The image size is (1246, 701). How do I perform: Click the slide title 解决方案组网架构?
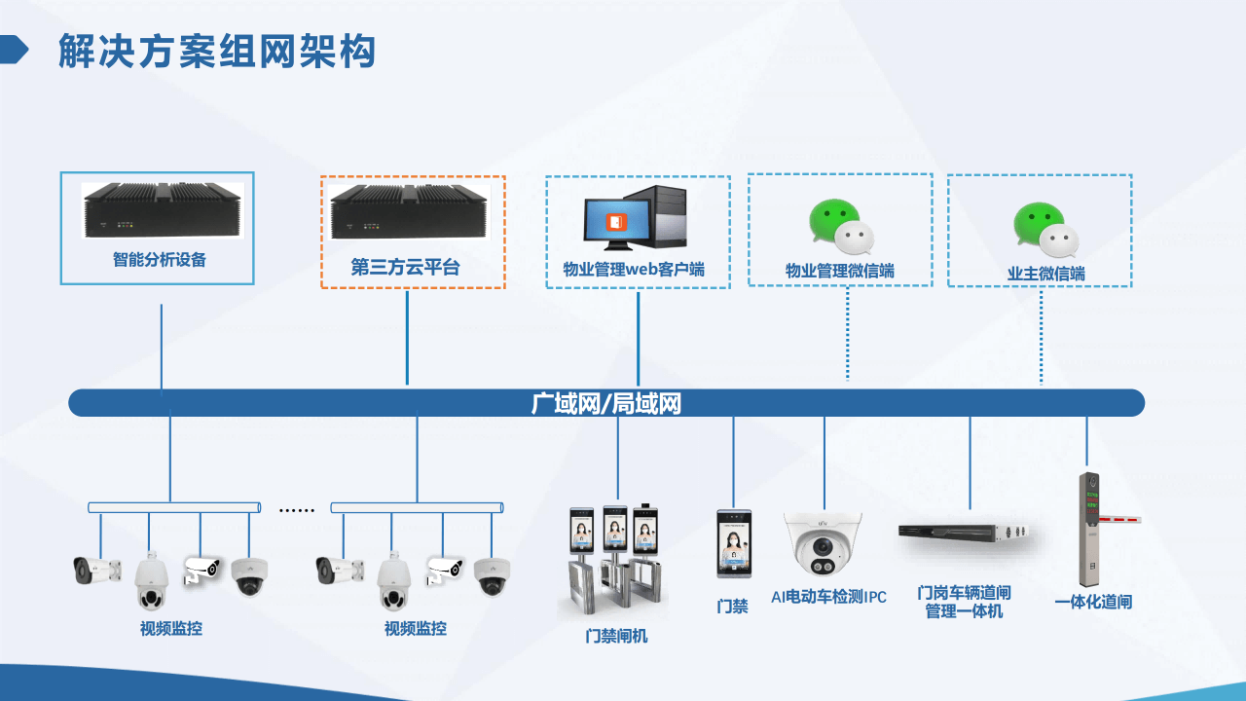pyautogui.click(x=216, y=52)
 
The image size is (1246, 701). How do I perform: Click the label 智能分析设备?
pyautogui.click(x=160, y=260)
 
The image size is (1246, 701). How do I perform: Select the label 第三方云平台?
pyautogui.click(x=405, y=267)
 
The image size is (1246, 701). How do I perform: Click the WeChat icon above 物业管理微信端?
pyautogui.click(x=840, y=227)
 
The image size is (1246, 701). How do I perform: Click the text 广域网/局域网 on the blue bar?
pyautogui.click(x=605, y=403)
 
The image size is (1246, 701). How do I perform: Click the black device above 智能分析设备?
pyautogui.click(x=161, y=211)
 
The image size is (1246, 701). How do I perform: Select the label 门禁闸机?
pyautogui.click(x=616, y=636)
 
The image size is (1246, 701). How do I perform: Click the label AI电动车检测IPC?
pyautogui.click(x=828, y=597)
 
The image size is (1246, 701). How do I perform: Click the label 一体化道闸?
pyautogui.click(x=1093, y=602)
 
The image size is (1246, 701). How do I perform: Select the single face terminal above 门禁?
pyautogui.click(x=733, y=543)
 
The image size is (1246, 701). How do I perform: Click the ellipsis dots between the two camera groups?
pyautogui.click(x=296, y=509)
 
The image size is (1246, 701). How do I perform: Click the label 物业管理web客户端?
pyautogui.click(x=634, y=270)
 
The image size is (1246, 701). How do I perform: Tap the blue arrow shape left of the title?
pyautogui.click(x=14, y=49)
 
